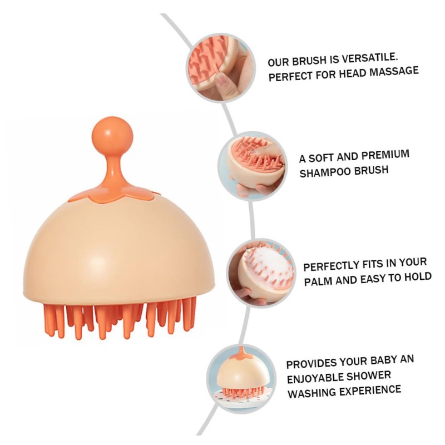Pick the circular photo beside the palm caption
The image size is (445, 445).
coord(262,273)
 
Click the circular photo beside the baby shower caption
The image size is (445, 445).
coord(240,378)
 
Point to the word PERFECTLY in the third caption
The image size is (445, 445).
coord(334,265)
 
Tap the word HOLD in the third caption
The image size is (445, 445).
coord(417,276)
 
